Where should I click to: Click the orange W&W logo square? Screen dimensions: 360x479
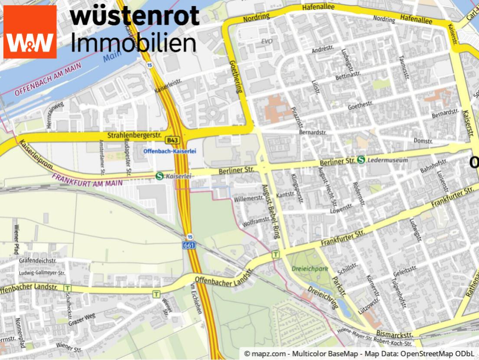pos(30,32)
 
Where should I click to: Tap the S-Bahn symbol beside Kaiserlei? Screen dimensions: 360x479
pos(160,176)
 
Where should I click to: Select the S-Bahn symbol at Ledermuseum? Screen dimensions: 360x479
pos(361,160)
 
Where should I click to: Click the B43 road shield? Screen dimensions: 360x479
pos(172,140)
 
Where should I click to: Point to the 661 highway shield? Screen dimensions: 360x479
pos(189,245)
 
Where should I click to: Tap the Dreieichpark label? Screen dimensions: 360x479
pos(310,269)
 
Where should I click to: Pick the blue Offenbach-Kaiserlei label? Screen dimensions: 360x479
pos(170,151)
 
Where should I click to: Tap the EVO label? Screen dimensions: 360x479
pos(266,41)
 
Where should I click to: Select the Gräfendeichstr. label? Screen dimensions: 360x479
pos(38,261)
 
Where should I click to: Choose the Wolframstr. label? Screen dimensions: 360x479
pos(256,223)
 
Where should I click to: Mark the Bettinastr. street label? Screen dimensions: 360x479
pos(348,75)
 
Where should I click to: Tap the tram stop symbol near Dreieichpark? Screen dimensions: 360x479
pos(275,255)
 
